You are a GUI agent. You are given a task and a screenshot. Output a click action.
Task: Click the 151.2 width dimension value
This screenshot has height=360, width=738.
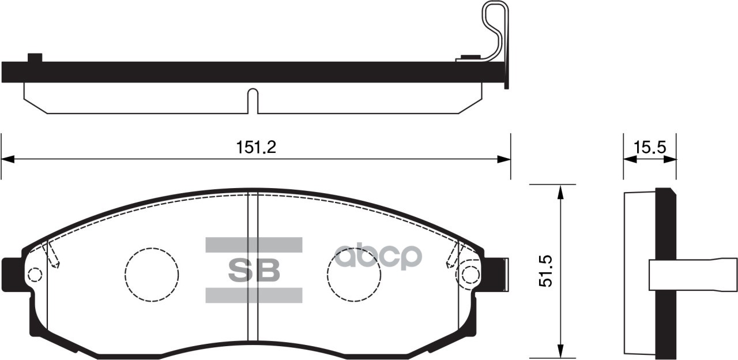click(256, 148)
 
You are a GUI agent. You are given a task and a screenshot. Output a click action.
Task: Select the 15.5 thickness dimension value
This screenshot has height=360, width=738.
click(650, 148)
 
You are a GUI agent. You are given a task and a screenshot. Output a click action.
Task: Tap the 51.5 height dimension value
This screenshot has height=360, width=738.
click(545, 272)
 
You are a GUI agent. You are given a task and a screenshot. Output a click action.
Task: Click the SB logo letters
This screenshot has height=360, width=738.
click(254, 269)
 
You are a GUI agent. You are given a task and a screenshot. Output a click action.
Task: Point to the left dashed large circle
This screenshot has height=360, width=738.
click(152, 275)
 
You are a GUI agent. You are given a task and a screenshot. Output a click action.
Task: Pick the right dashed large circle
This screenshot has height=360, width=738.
click(353, 275)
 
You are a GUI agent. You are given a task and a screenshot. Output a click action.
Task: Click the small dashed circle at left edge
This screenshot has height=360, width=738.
click(35, 275)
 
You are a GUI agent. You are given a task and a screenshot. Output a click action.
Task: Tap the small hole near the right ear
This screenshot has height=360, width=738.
click(470, 274)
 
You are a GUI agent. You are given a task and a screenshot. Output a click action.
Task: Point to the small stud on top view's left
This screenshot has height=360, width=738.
click(35, 57)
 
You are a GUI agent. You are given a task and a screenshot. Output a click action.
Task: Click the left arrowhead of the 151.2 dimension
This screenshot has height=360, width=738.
click(7, 159)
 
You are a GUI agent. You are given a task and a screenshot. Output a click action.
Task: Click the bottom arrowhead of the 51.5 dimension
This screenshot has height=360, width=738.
click(559, 352)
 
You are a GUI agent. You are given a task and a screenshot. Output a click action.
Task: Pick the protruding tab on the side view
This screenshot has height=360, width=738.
click(692, 274)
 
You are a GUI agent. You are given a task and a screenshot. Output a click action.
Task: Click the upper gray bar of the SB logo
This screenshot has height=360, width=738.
click(254, 245)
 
